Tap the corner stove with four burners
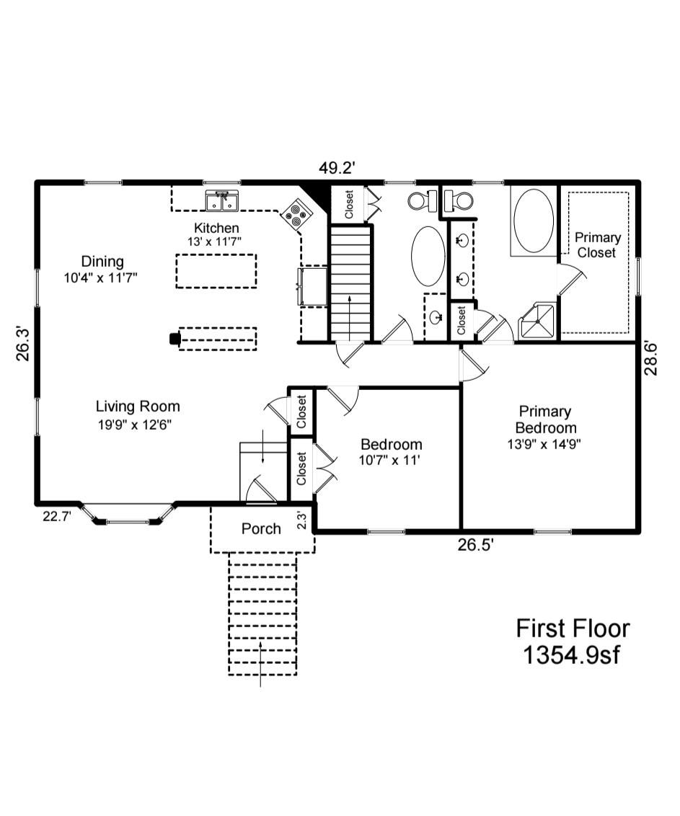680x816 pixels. pyautogui.click(x=295, y=214)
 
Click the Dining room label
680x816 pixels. pyautogui.click(x=102, y=262)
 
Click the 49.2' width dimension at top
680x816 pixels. pyautogui.click(x=337, y=168)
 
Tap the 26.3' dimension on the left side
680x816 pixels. pyautogui.click(x=23, y=344)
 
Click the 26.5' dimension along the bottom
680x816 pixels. pyautogui.click(x=474, y=545)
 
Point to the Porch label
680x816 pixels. pyautogui.click(x=261, y=529)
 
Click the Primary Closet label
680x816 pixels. pyautogui.click(x=597, y=245)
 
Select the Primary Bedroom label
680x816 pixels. pyautogui.click(x=545, y=419)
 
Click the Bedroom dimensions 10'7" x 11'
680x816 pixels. pyautogui.click(x=391, y=460)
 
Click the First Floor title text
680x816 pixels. pyautogui.click(x=573, y=628)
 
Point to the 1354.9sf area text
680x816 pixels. pyautogui.click(x=573, y=656)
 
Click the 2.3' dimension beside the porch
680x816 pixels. pyautogui.click(x=304, y=521)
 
